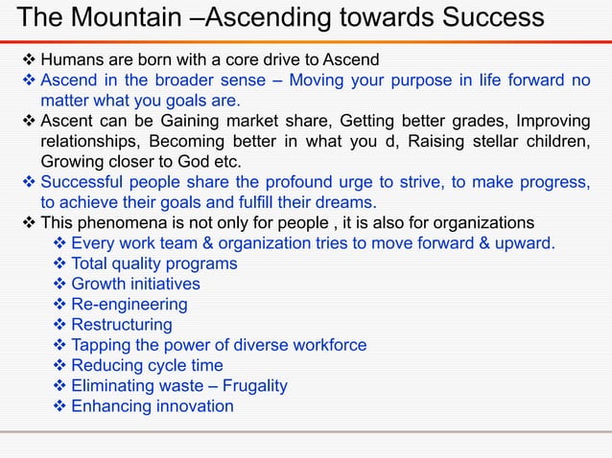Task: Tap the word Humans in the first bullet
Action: [72, 61]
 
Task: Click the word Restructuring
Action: [122, 325]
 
